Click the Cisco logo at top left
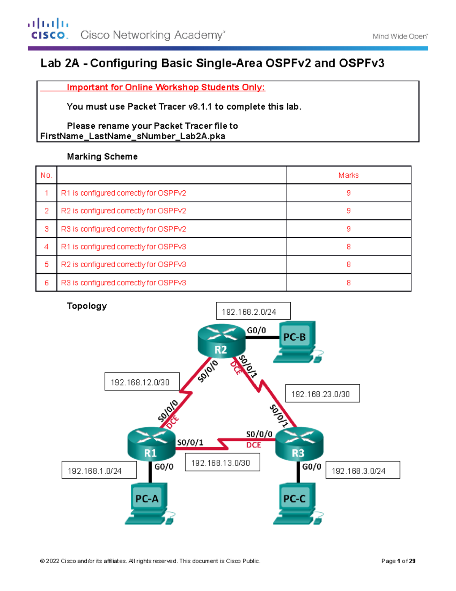(48, 29)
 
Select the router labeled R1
(151, 444)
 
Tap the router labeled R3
(299, 444)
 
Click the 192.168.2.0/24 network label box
(253, 311)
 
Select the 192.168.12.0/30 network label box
(142, 382)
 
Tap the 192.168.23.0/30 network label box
(322, 393)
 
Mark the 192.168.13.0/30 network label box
(222, 463)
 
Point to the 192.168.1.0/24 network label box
(99, 470)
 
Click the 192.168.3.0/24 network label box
(363, 470)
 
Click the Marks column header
(348, 175)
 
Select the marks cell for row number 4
(348, 247)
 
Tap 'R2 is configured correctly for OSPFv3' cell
(123, 264)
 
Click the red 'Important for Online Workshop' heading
(166, 87)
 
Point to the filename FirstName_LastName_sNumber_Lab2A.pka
(133, 136)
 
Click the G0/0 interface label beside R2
(256, 330)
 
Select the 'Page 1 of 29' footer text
(398, 561)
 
